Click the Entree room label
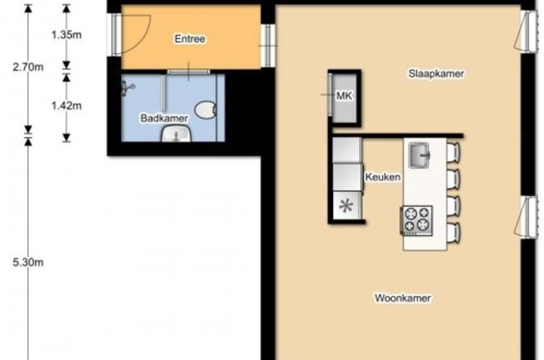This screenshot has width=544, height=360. pyautogui.click(x=189, y=39)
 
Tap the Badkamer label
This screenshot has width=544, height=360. pyautogui.click(x=164, y=118)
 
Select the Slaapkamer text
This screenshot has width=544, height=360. pyautogui.click(x=436, y=74)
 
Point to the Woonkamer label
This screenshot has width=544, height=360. pyautogui.click(x=403, y=298)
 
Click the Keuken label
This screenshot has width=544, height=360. pyautogui.click(x=383, y=177)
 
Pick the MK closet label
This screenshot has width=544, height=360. pyautogui.click(x=344, y=96)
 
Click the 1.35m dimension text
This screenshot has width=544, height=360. pyautogui.click(x=66, y=35)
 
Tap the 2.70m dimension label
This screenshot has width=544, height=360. pyautogui.click(x=28, y=67)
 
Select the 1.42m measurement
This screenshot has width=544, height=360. pyautogui.click(x=66, y=105)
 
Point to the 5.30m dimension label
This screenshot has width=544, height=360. pyautogui.click(x=28, y=262)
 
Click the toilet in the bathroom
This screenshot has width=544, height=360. pyautogui.click(x=206, y=110)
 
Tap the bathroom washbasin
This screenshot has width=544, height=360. pyautogui.click(x=176, y=134)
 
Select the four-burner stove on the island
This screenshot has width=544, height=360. pyautogui.click(x=417, y=221)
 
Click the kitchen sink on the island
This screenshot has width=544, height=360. pyautogui.click(x=419, y=155)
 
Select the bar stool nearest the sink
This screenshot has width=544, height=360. pyautogui.click(x=453, y=151)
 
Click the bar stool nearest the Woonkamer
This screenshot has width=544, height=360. pyautogui.click(x=453, y=232)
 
